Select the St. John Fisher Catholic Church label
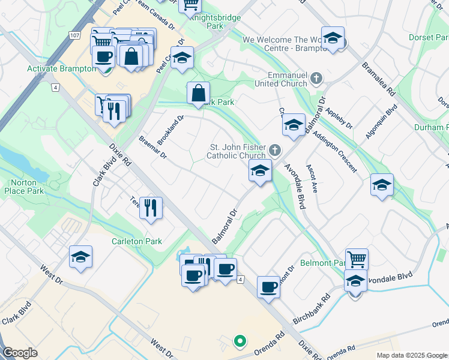click(x=236, y=151)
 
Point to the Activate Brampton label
click(x=62, y=68)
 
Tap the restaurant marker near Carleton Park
click(x=151, y=208)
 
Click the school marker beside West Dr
click(x=80, y=257)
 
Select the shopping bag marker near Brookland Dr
click(x=198, y=94)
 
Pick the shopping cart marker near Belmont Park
click(x=357, y=260)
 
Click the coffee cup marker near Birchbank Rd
click(x=268, y=287)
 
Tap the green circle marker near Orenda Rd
click(x=240, y=342)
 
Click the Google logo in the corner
click(x=20, y=353)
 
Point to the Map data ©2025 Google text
click(x=412, y=355)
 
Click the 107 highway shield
click(x=74, y=36)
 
